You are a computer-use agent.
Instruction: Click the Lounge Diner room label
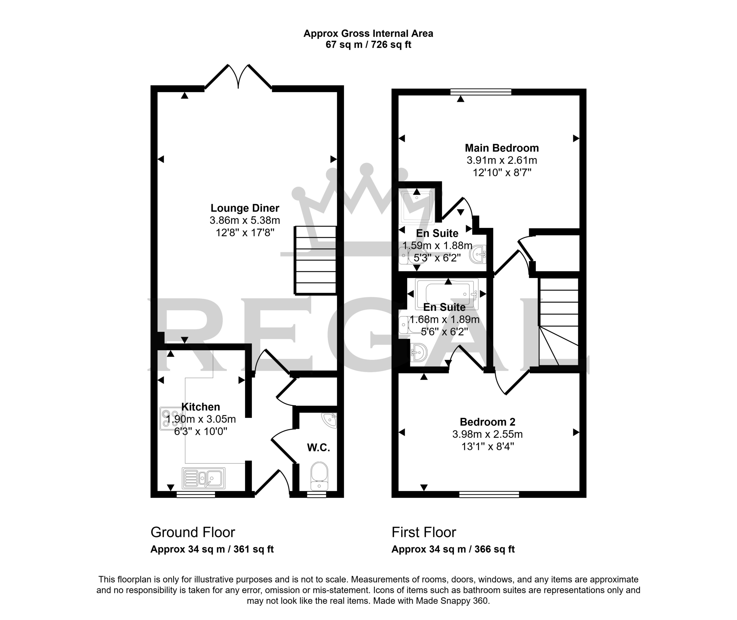pyautogui.click(x=245, y=208)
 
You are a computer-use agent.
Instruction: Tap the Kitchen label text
pyautogui.click(x=201, y=407)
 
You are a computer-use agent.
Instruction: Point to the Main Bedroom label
pyautogui.click(x=502, y=148)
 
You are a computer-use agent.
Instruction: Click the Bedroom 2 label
pyautogui.click(x=487, y=421)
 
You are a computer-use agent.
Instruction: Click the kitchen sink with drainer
pyautogui.click(x=204, y=478)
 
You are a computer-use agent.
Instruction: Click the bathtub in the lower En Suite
pyautogui.click(x=446, y=294)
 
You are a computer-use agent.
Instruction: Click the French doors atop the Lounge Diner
pyautogui.click(x=238, y=77)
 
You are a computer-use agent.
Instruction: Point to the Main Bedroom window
pyautogui.click(x=481, y=92)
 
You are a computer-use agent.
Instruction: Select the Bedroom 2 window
pyautogui.click(x=489, y=495)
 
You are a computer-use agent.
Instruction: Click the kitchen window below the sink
pyautogui.click(x=196, y=495)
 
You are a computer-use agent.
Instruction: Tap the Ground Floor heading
pyautogui.click(x=193, y=532)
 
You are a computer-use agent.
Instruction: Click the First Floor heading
pyautogui.click(x=423, y=532)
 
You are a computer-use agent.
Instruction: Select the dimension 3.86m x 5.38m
pyautogui.click(x=245, y=220)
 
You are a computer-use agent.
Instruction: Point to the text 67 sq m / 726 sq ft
pyautogui.click(x=368, y=45)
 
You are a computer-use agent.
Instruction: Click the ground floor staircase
pyautogui.click(x=315, y=260)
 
